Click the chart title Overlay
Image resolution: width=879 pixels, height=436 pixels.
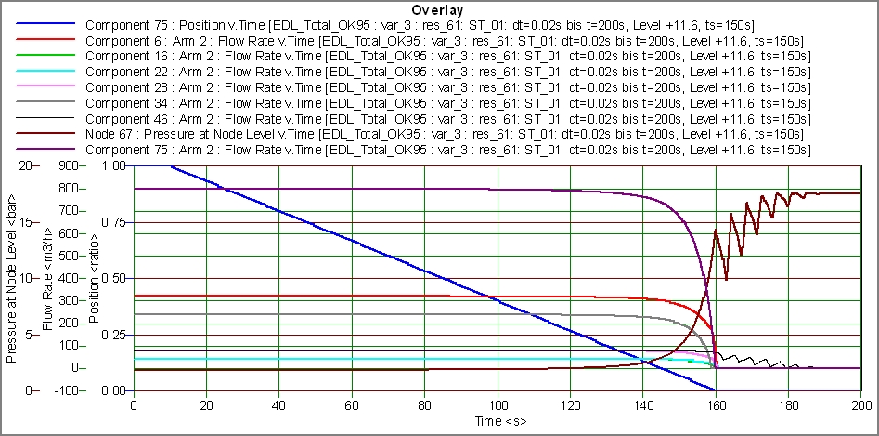point(438,10)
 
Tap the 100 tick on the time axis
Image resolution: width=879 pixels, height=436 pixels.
point(498,407)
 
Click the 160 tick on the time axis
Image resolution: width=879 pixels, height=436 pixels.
point(716,407)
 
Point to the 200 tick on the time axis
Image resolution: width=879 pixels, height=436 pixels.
point(860,407)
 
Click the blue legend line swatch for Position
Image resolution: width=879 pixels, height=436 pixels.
point(40,28)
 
